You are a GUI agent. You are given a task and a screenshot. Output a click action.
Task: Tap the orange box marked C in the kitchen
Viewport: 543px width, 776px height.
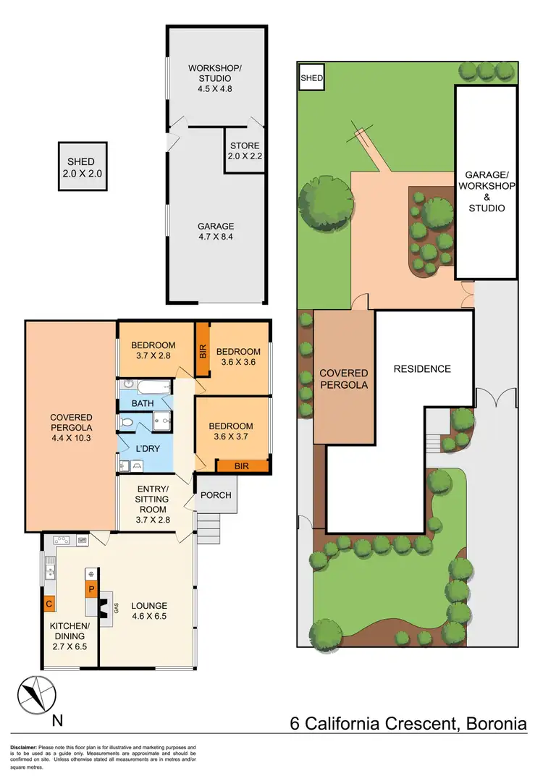[x=49, y=603]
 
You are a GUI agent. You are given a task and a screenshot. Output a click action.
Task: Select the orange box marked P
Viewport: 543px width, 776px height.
[x=91, y=589]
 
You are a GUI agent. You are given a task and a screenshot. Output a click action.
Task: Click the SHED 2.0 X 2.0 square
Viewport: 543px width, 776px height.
[x=82, y=166]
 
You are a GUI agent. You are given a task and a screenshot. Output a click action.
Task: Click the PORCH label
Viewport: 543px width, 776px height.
[x=216, y=495]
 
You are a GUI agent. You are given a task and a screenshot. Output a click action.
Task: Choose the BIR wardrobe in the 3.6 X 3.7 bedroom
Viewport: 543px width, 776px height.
[x=241, y=466]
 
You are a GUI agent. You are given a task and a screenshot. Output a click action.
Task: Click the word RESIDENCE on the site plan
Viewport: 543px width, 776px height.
[x=421, y=369]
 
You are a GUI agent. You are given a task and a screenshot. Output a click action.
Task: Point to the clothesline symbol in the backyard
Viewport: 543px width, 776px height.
[x=361, y=133]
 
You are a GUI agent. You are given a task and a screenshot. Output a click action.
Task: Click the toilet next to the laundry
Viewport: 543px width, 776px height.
[x=126, y=421]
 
